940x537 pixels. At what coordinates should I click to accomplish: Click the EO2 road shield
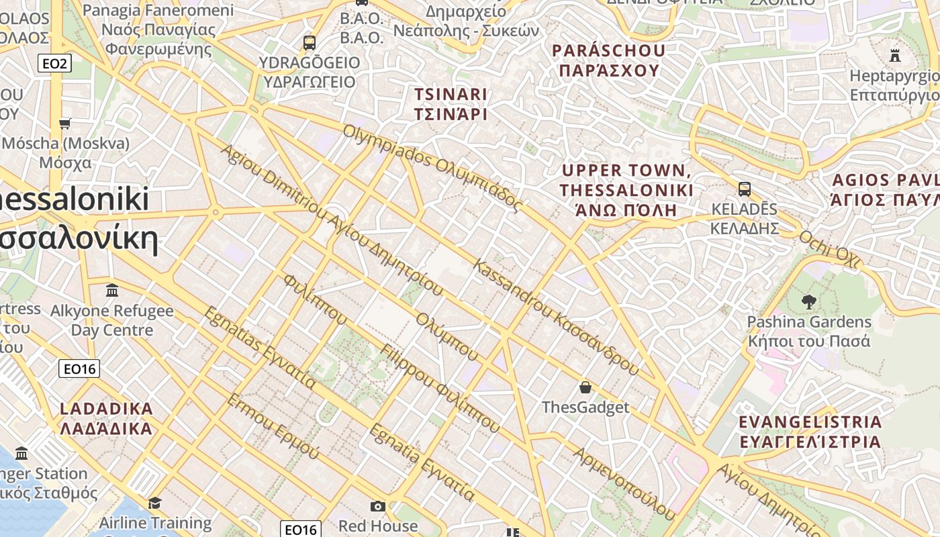point(54,64)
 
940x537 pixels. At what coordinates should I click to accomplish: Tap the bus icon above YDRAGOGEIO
point(309,43)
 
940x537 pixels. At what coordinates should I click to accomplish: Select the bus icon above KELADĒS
point(744,189)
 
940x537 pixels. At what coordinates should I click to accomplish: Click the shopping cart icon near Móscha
point(65,124)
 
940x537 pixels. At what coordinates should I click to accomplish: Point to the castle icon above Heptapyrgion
point(894,55)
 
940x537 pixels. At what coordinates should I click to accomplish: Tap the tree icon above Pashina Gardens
point(808,302)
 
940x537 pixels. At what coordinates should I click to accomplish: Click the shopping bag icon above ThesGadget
point(585,387)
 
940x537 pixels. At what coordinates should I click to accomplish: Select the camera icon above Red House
point(378,506)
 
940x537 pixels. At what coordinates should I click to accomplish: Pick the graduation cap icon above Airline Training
point(155,503)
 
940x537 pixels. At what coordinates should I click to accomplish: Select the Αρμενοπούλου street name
point(623,483)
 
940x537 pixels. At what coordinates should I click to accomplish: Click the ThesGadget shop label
point(585,407)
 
